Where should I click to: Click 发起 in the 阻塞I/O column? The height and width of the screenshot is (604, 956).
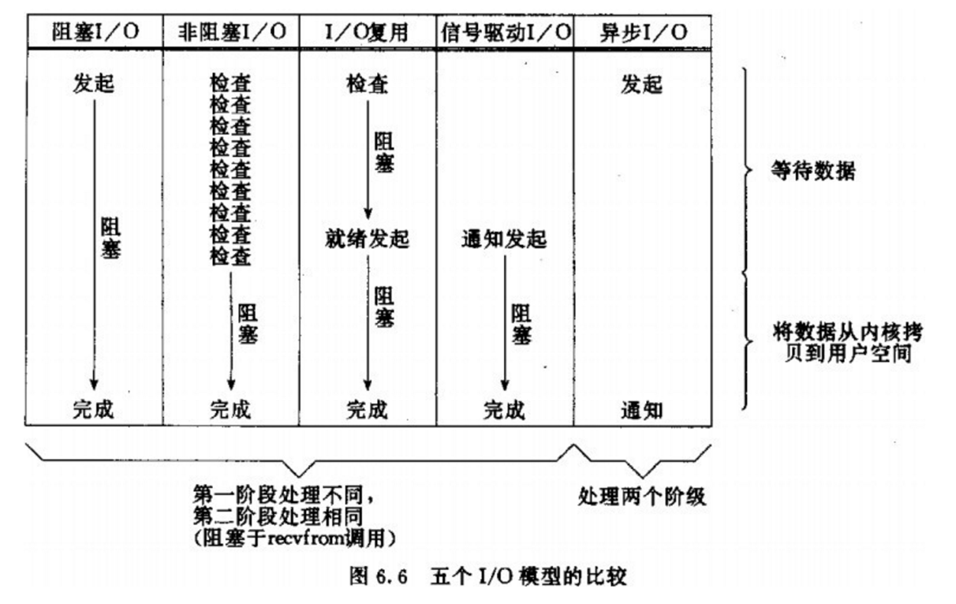(94, 84)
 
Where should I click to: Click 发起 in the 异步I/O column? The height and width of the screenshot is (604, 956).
(641, 84)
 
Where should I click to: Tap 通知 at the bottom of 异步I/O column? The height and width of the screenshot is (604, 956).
(641, 410)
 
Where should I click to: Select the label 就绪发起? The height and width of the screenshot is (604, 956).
(368, 238)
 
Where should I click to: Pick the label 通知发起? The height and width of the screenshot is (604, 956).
(504, 238)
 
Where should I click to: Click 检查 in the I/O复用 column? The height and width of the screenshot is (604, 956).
(368, 84)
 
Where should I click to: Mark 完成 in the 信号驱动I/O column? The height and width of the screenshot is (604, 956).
(504, 410)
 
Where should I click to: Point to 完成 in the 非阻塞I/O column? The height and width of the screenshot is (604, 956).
(230, 410)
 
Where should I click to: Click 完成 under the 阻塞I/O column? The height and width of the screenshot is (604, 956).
(94, 410)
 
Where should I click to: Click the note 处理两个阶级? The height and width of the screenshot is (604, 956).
(641, 496)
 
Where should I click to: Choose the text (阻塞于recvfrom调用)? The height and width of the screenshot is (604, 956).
(293, 539)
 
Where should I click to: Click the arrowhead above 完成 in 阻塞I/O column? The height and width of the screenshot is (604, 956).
(94, 384)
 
